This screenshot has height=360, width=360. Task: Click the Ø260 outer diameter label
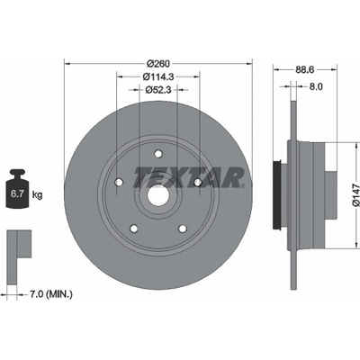(158, 64)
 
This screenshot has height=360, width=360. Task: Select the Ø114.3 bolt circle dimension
(158, 76)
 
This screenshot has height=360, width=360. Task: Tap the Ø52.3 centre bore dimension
(158, 90)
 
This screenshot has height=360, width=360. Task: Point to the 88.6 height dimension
(305, 70)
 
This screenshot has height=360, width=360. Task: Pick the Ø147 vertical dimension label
(355, 195)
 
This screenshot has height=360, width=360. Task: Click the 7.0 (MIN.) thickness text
(50, 294)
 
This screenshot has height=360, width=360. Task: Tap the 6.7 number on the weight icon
(17, 193)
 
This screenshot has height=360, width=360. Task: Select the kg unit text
(37, 195)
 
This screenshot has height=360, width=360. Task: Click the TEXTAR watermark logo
(189, 178)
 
